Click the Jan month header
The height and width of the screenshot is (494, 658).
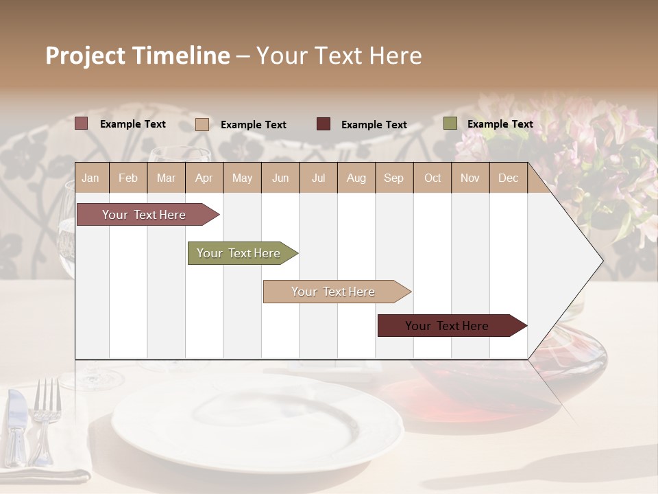[x=90, y=178]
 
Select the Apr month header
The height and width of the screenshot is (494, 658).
[x=204, y=178]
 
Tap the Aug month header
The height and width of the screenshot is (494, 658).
[x=356, y=178]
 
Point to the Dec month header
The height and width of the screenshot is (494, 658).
[x=508, y=178]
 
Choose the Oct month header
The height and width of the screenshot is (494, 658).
[x=432, y=178]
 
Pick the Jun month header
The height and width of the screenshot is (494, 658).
[x=280, y=178]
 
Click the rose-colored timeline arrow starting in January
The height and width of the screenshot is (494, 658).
[x=144, y=215]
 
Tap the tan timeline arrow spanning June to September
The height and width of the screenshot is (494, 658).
[x=333, y=292]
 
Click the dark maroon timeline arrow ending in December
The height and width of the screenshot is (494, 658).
[x=447, y=326]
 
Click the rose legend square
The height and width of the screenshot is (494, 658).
[x=81, y=123]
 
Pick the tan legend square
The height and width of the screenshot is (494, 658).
[x=202, y=124]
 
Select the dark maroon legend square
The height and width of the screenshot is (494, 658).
[x=323, y=124]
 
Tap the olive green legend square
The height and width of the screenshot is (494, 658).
[x=450, y=123]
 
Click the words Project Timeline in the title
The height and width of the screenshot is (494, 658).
[x=137, y=56]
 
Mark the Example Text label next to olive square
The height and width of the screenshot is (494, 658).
[x=500, y=124]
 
